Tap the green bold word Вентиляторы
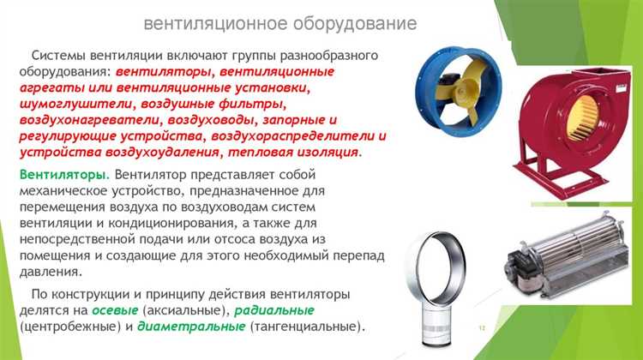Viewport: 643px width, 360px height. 57,174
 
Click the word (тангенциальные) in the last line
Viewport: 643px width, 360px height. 306,327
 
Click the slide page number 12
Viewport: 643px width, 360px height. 482,328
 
